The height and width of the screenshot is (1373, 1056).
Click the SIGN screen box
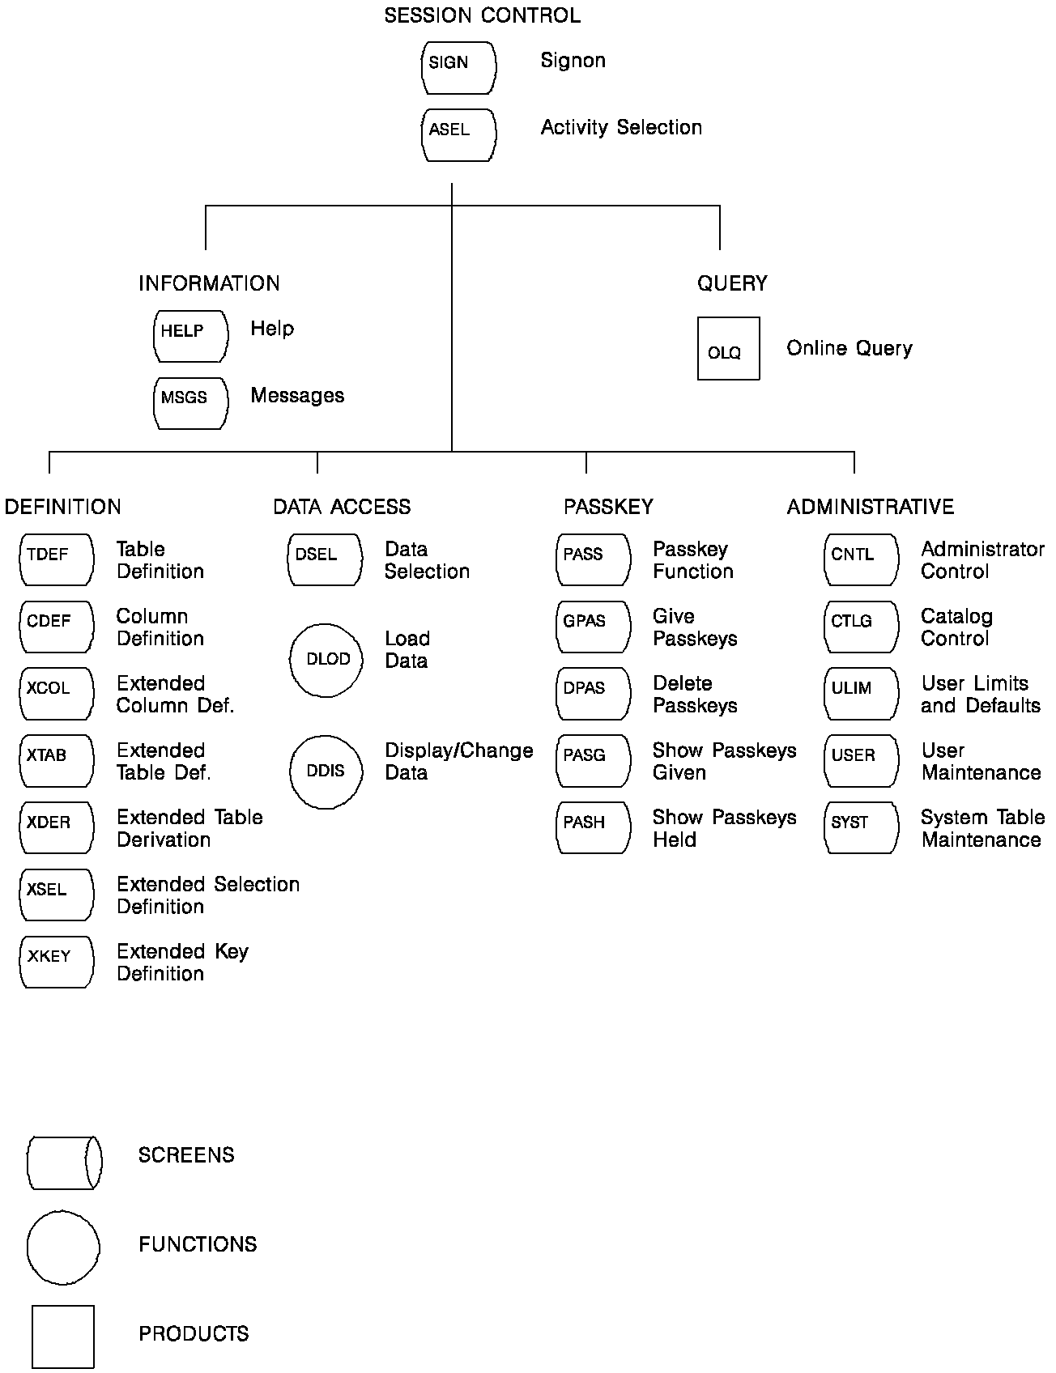tap(458, 68)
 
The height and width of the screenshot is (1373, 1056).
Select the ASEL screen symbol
tap(458, 135)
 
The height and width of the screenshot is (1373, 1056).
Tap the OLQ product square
tap(728, 349)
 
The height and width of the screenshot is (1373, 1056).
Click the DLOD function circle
tap(327, 660)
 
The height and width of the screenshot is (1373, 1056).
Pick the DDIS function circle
tap(327, 772)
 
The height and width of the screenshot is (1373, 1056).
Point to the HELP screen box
tap(190, 336)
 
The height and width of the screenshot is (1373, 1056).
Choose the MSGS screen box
tap(190, 403)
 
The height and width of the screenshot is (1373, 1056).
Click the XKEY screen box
tap(56, 962)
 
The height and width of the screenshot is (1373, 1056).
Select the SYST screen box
tap(861, 827)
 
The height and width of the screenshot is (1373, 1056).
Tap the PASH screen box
tap(593, 827)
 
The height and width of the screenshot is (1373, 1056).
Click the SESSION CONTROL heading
tap(482, 15)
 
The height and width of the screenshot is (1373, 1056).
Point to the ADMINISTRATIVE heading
tap(870, 507)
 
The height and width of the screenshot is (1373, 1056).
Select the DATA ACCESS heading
tap(342, 507)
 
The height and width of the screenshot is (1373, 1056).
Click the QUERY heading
tap(732, 283)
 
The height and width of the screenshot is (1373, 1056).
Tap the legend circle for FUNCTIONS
tap(63, 1248)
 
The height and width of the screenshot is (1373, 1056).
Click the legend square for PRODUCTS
tap(63, 1337)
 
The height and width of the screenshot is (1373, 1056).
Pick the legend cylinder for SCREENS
tap(64, 1163)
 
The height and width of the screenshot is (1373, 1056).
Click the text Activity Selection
tap(621, 128)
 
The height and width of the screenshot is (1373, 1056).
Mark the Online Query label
tap(849, 349)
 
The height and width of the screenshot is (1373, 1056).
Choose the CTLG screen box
tap(861, 627)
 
